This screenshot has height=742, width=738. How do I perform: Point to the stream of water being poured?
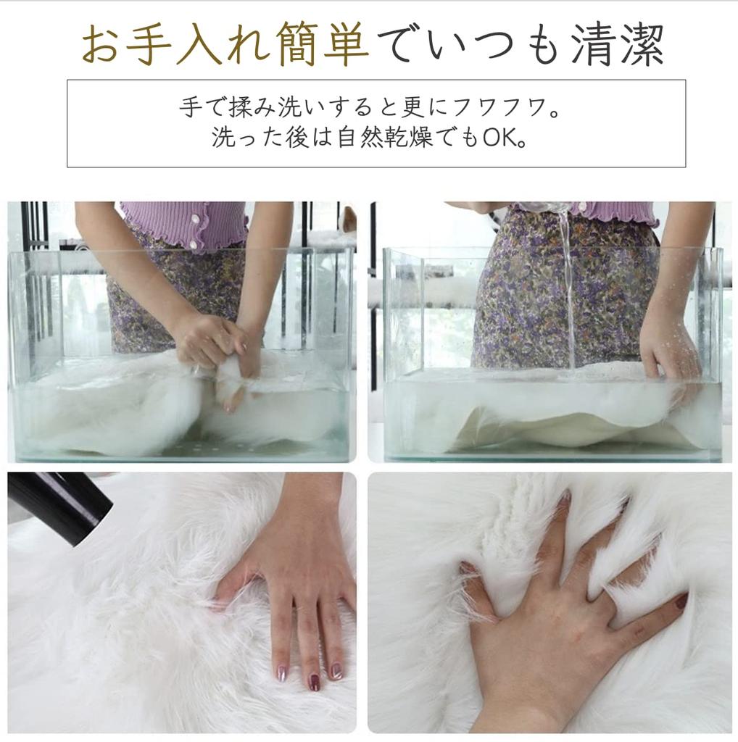(x=566, y=290)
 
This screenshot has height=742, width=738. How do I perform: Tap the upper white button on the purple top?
(x=194, y=220)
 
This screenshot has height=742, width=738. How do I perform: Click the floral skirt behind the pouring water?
(x=522, y=290)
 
